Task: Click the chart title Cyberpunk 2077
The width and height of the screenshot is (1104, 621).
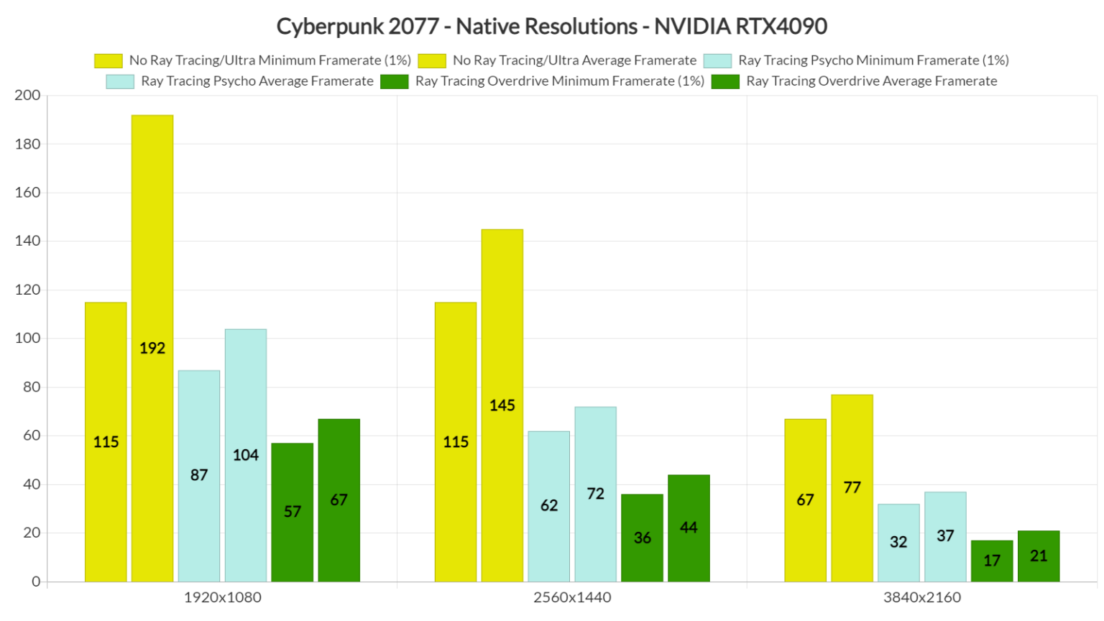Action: point(551,27)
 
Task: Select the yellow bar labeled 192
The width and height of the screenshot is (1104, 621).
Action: point(152,348)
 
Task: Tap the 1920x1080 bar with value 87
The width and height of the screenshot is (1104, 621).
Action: point(199,475)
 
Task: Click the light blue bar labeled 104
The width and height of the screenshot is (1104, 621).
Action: point(246,455)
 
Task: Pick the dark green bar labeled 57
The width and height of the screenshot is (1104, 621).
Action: point(293,512)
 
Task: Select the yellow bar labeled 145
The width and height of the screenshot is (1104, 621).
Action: point(502,405)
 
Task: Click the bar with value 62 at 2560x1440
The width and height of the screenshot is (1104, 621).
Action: point(549,506)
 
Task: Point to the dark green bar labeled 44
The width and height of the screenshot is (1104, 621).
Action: point(689,528)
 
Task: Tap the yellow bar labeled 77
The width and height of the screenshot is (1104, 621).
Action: point(852,487)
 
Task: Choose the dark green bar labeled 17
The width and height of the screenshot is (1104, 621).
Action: point(992,561)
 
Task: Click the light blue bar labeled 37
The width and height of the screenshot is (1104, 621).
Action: point(945,536)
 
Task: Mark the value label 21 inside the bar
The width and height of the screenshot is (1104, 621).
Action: point(1039,556)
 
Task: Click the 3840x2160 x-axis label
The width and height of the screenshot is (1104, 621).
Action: point(922,597)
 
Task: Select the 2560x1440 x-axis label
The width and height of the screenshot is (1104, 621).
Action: point(572,597)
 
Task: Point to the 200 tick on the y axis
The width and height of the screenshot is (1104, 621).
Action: point(27,96)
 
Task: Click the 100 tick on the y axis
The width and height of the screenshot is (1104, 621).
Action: point(27,339)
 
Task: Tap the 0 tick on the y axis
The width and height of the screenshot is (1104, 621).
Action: point(35,581)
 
